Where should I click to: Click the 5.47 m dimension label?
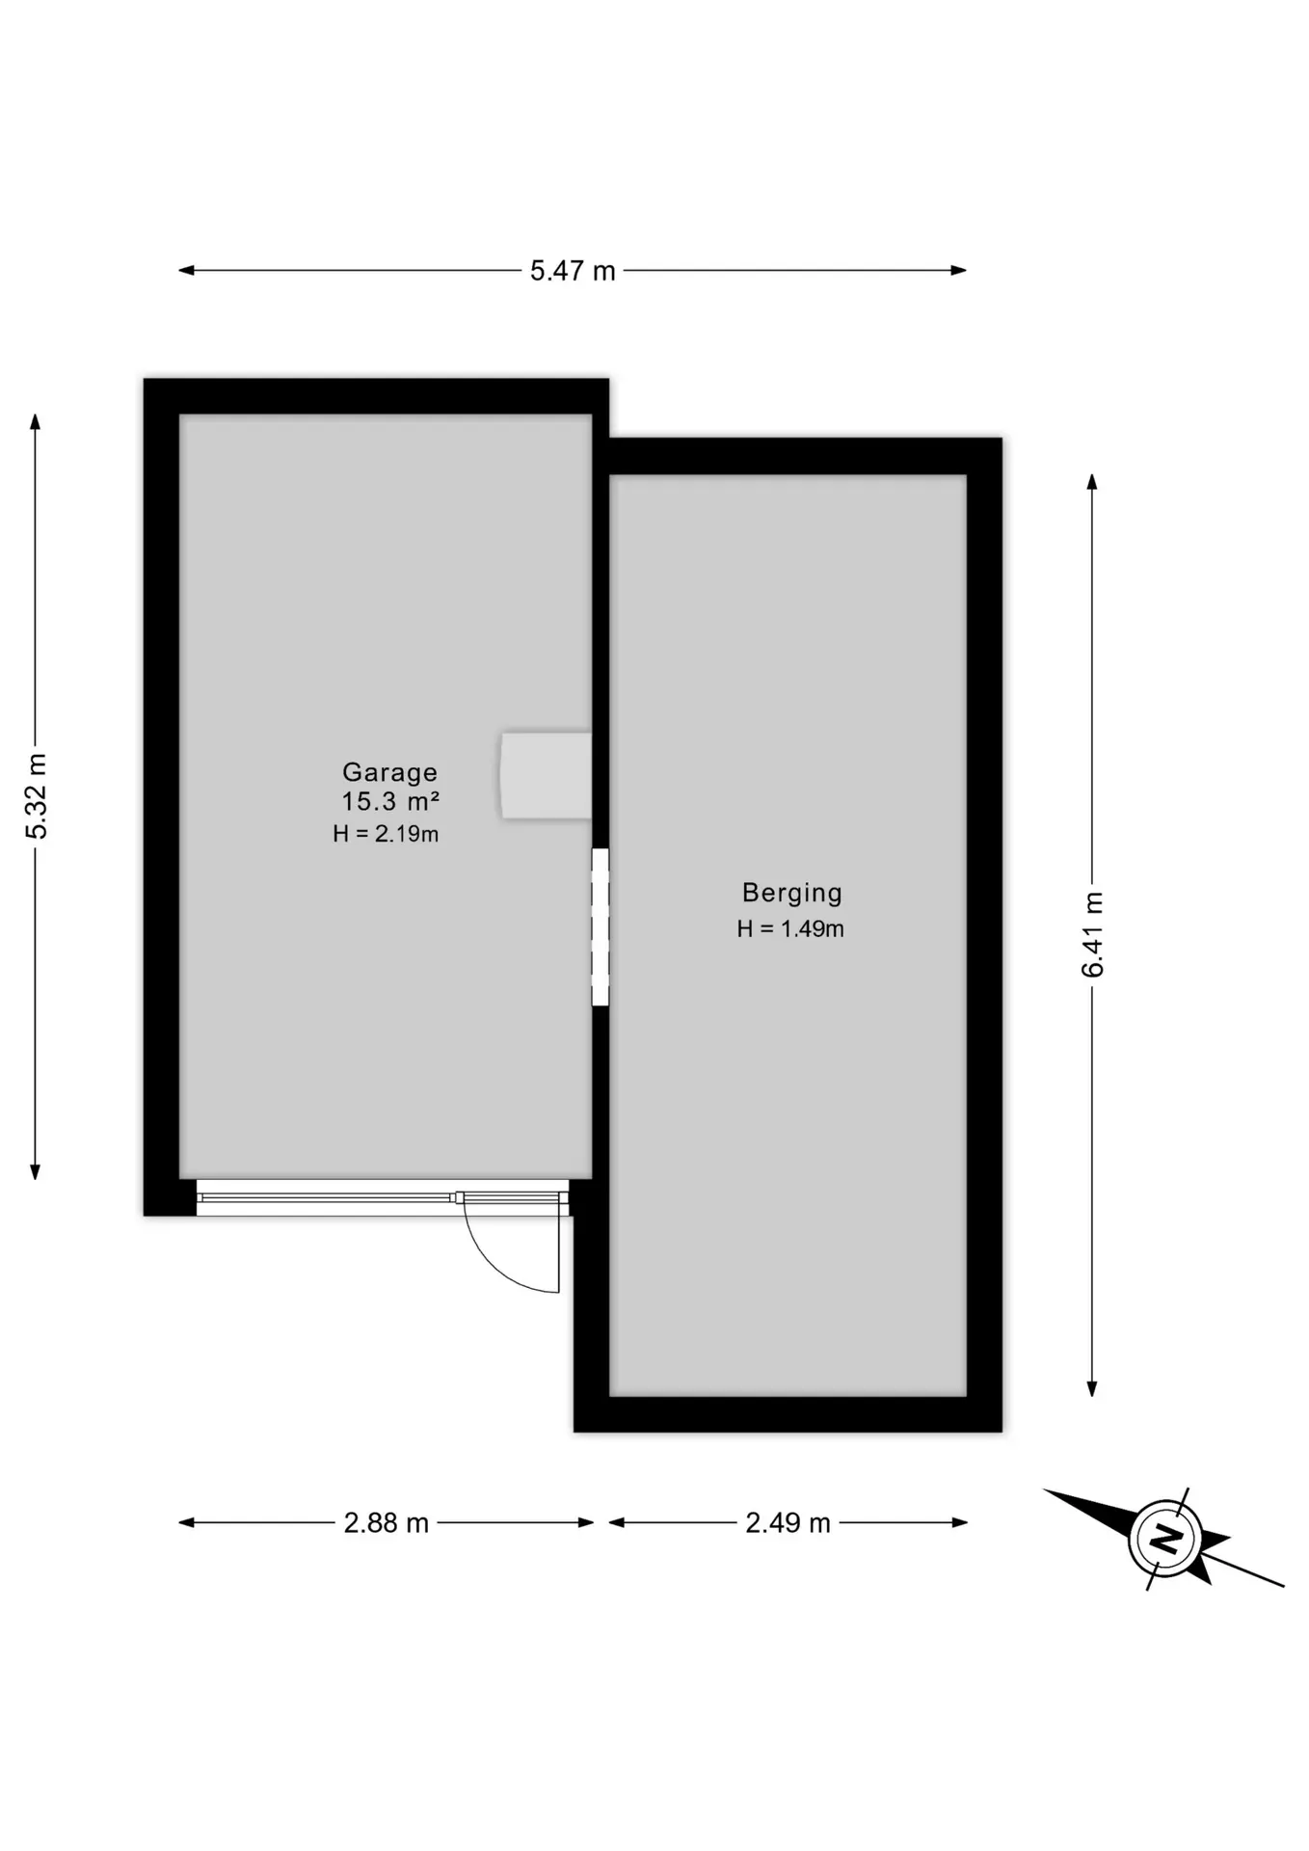[x=573, y=271]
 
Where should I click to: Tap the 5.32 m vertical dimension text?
[x=37, y=796]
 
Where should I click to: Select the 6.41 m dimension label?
[x=1092, y=934]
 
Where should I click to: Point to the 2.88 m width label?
[x=386, y=1523]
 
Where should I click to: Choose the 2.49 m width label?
[x=788, y=1523]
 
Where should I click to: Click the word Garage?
[x=390, y=772]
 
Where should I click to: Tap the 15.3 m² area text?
[x=390, y=801]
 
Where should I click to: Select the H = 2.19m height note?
[x=386, y=834]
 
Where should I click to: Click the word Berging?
[x=792, y=893]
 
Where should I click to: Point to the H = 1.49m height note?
[x=790, y=928]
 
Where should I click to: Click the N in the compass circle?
[x=1167, y=1539]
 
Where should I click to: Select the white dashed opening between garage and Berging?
[x=601, y=927]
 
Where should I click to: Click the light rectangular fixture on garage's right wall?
[x=546, y=776]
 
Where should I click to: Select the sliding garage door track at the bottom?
[x=383, y=1198]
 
